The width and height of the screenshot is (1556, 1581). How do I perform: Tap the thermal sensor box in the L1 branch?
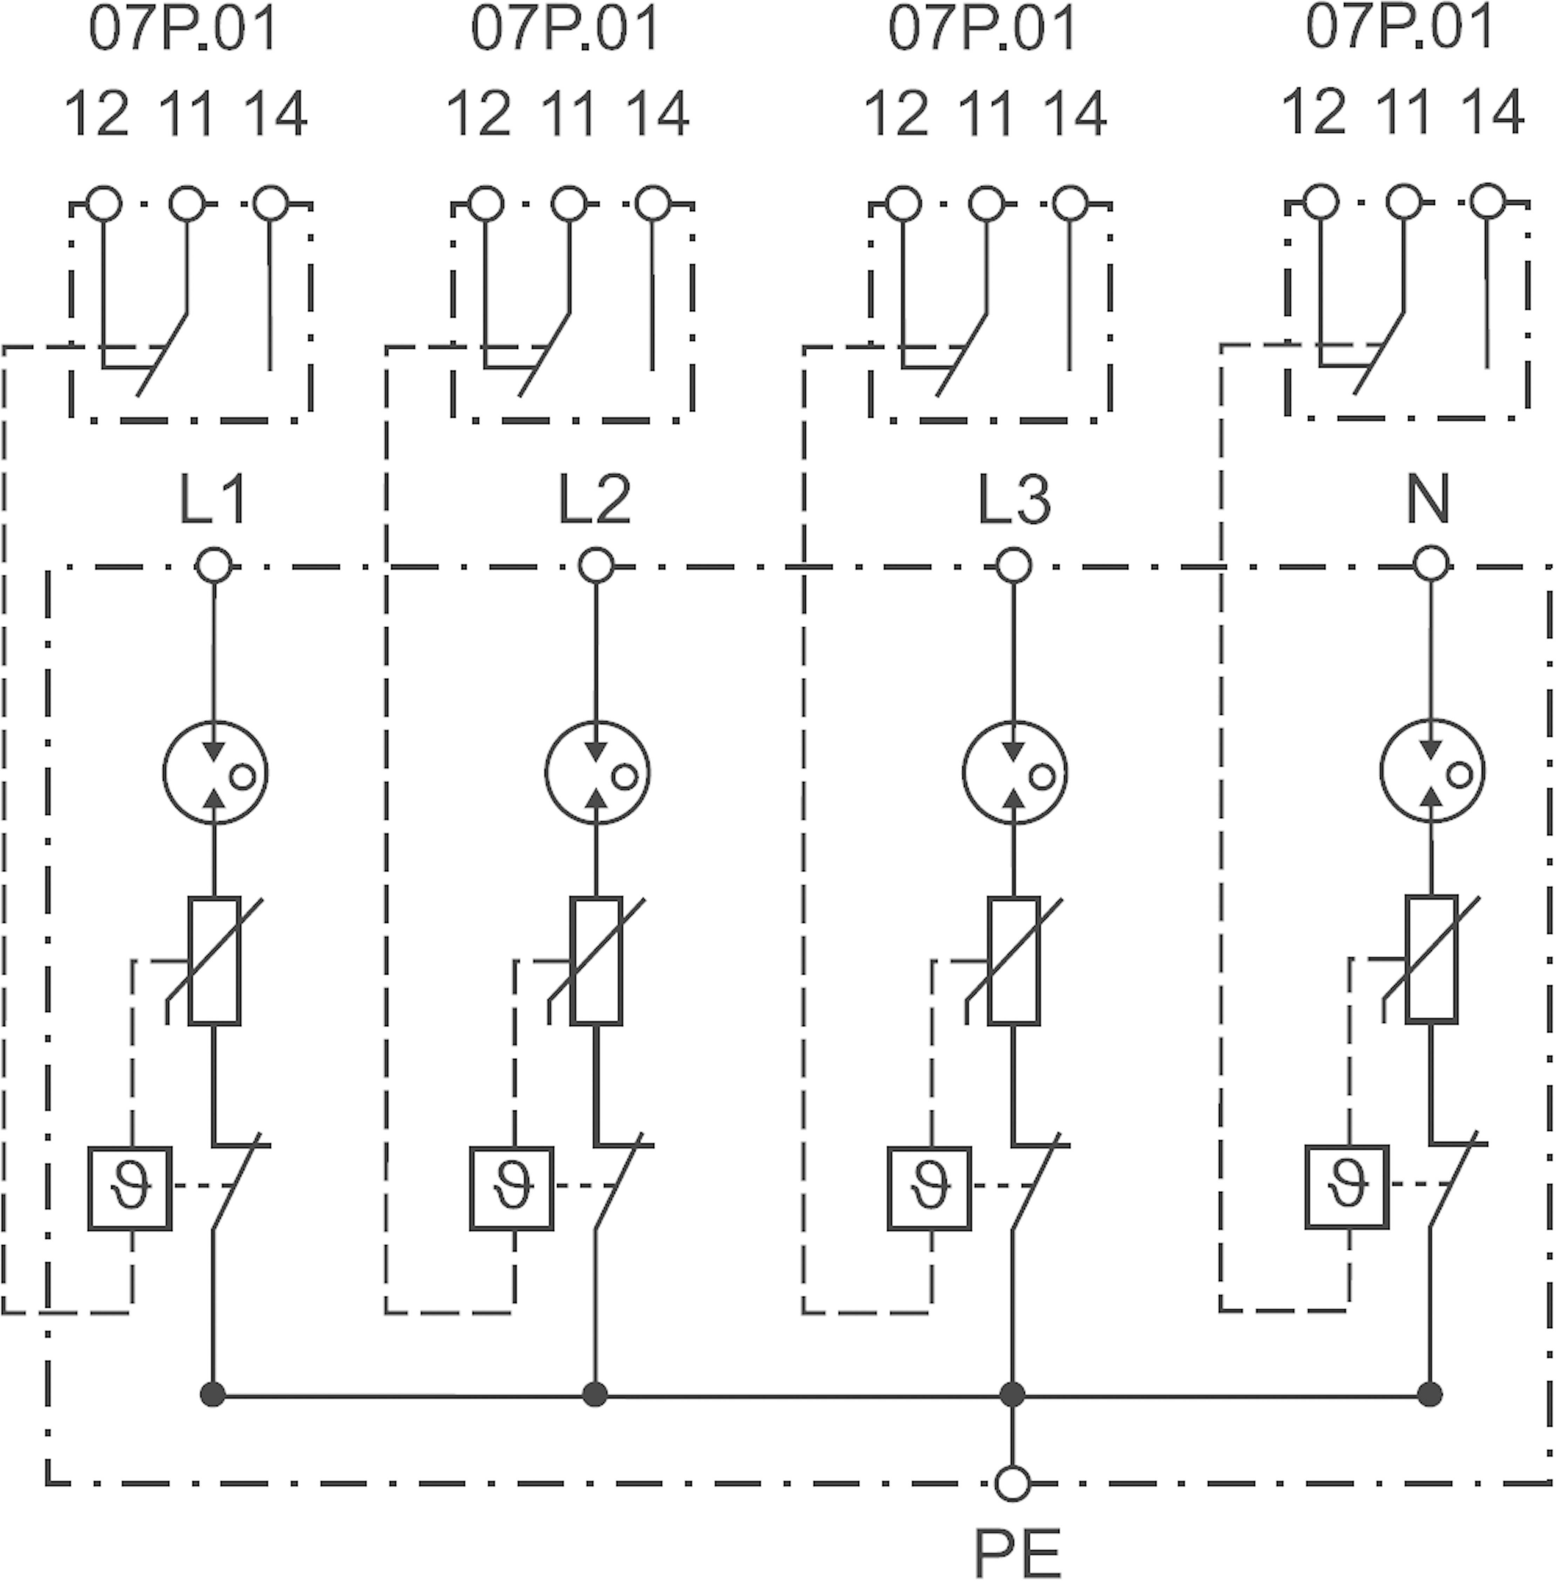(130, 1187)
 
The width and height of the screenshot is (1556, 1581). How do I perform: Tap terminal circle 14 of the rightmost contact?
(1487, 201)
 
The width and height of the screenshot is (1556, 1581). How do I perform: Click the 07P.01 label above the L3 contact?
(982, 29)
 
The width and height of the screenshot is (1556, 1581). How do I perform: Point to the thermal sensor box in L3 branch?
(929, 1187)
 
